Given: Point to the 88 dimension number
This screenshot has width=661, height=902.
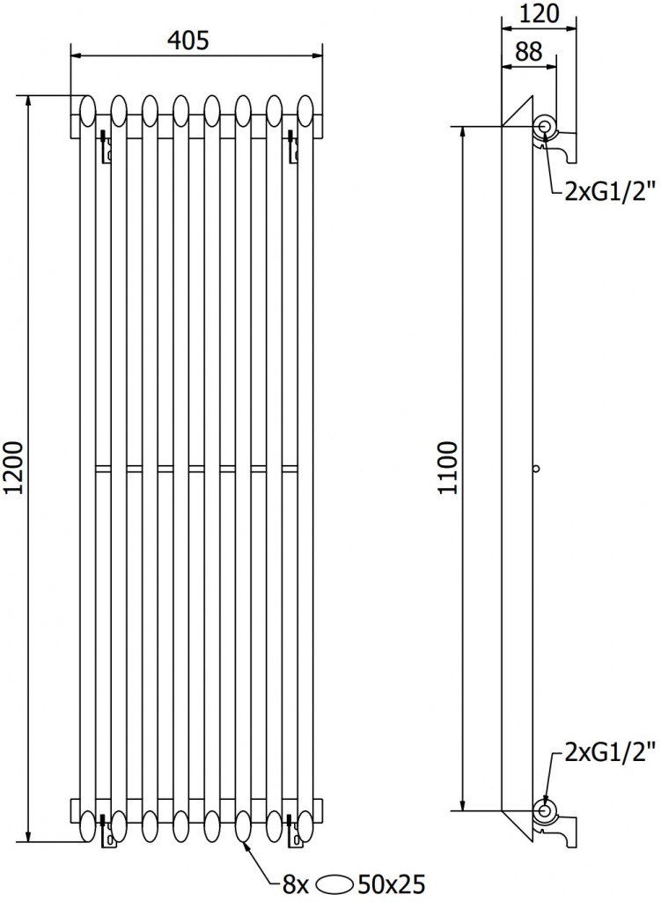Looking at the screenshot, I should pyautogui.click(x=528, y=52).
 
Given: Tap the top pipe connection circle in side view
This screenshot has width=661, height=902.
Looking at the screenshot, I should pyautogui.click(x=545, y=129).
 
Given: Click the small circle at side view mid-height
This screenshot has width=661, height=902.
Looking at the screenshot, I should pyautogui.click(x=536, y=468).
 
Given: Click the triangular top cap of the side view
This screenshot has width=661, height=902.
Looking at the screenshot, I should pyautogui.click(x=520, y=113).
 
